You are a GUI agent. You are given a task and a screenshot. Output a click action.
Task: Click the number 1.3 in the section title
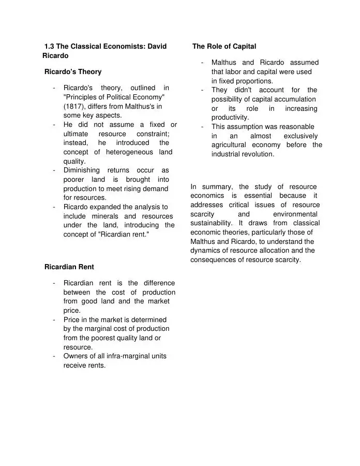coord(50,47)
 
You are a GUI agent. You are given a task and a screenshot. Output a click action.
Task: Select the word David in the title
coord(157,47)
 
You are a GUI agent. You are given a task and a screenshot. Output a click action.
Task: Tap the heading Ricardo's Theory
coord(73,71)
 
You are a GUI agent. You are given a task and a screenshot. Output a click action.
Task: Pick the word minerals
coord(108,216)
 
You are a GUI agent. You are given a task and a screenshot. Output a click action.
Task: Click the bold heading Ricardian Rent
coord(69,267)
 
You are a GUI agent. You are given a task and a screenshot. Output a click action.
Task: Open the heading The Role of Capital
coord(224,47)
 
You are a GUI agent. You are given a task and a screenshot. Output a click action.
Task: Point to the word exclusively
coord(301,136)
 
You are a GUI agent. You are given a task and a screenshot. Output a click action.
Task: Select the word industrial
coord(228,154)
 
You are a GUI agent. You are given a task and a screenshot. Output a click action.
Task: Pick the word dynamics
coord(206,251)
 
